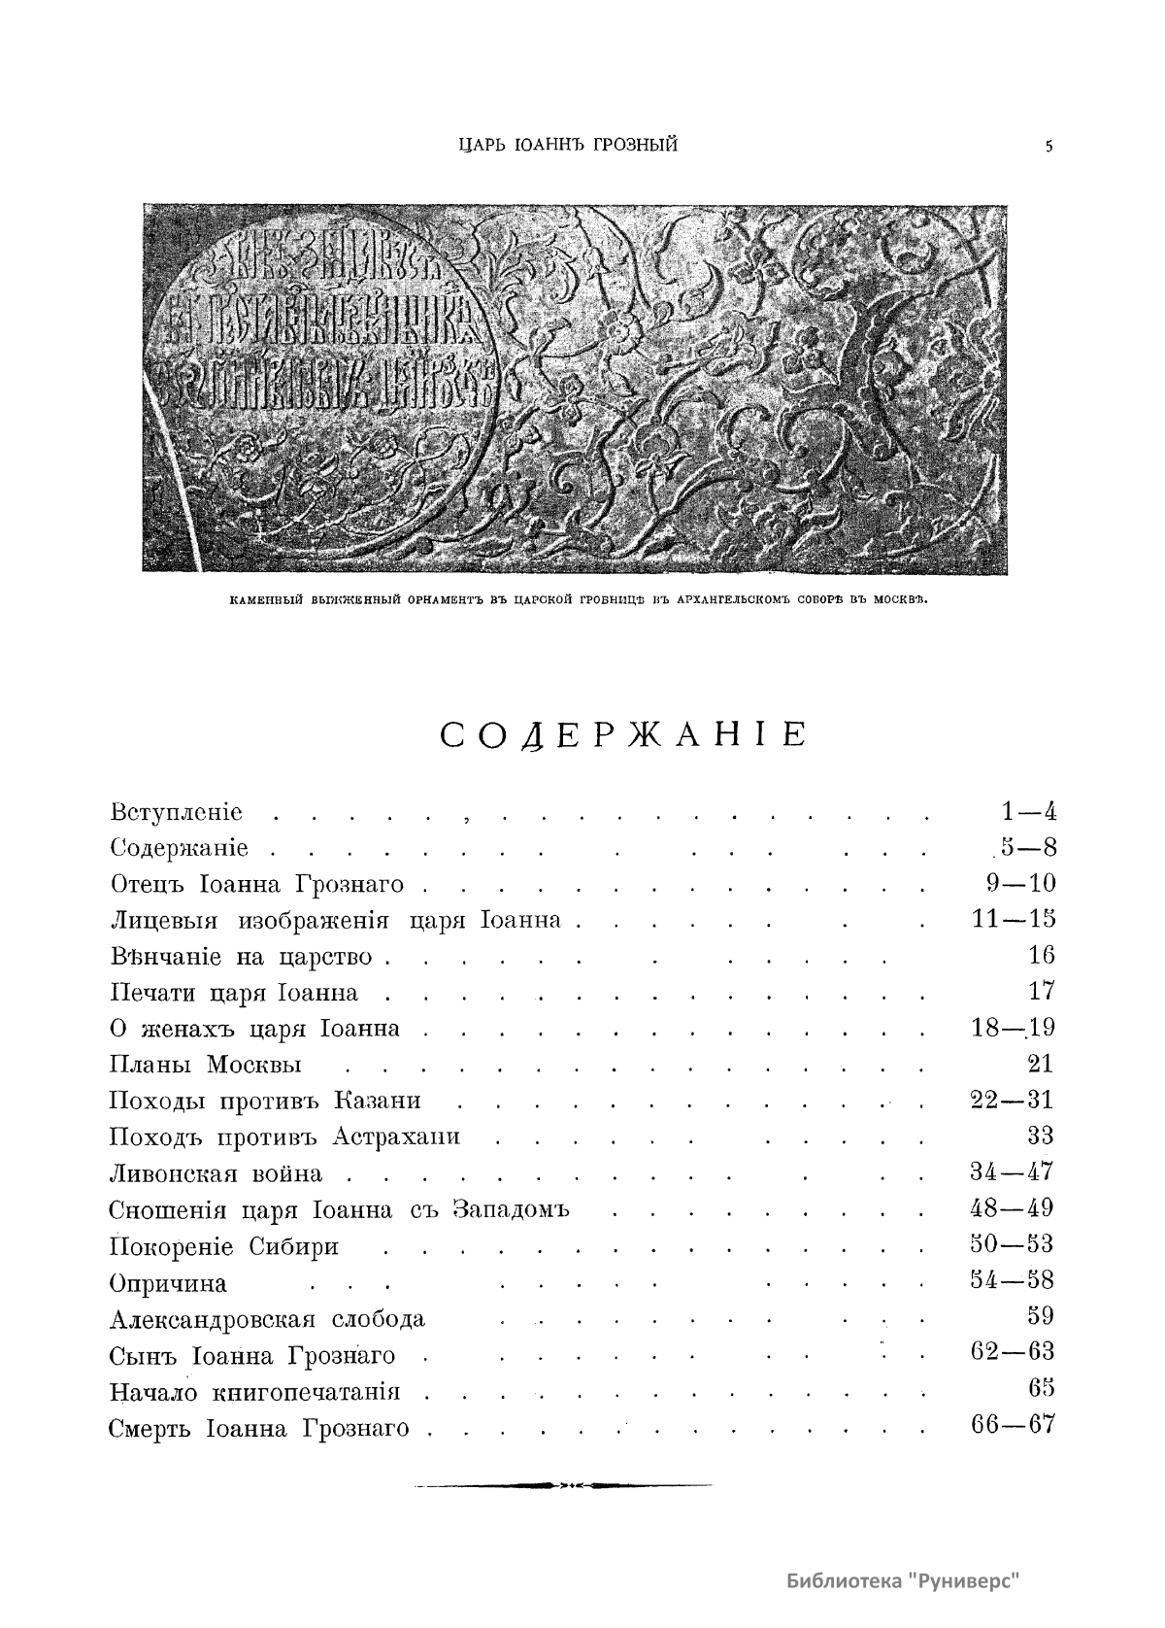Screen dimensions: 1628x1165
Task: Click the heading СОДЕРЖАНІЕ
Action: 623,735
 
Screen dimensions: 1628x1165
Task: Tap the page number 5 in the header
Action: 1048,147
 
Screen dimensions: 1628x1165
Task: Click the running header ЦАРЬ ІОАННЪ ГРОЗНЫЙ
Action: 568,146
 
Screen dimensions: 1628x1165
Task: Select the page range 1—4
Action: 1028,811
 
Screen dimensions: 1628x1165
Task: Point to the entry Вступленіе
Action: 177,812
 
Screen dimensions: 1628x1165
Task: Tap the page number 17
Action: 1041,991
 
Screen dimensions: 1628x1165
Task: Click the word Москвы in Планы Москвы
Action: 253,1065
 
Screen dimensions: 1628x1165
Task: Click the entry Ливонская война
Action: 216,1173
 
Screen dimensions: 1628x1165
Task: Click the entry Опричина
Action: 168,1283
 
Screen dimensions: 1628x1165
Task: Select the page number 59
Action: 1040,1316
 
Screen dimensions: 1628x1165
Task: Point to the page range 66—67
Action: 1012,1425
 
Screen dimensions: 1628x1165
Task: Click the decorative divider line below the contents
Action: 562,1485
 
